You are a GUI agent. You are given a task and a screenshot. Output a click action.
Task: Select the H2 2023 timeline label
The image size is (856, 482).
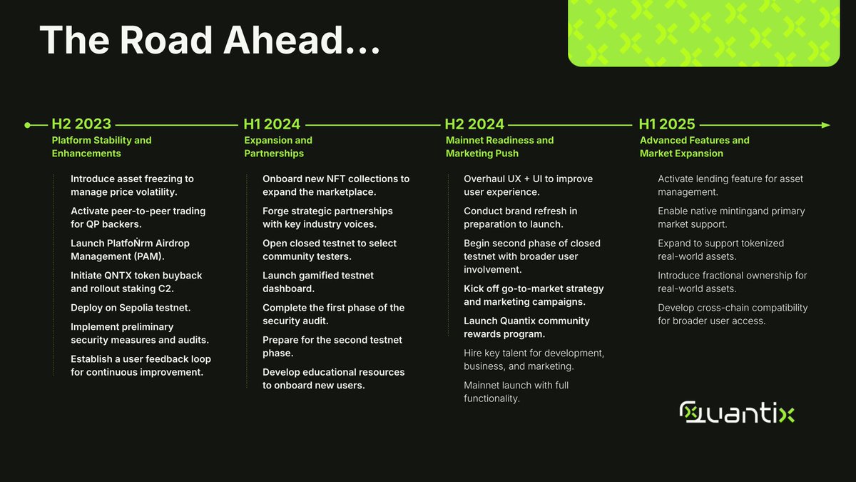81,124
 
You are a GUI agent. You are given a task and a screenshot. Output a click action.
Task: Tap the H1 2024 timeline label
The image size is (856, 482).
272,124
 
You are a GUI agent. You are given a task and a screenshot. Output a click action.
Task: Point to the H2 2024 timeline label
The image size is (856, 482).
474,124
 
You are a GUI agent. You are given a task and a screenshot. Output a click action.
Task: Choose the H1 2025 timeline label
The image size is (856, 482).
667,124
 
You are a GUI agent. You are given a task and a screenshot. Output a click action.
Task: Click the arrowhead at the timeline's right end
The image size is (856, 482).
825,125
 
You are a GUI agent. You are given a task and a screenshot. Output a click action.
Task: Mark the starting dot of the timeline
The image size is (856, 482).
27,125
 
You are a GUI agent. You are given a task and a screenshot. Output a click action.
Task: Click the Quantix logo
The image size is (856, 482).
737,413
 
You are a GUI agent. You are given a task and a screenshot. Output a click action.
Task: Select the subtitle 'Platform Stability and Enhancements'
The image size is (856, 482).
101,147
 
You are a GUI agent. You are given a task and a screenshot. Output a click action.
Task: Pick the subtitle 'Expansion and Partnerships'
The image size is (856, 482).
278,147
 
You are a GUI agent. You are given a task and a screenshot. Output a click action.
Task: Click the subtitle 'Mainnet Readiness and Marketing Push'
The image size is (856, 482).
499,147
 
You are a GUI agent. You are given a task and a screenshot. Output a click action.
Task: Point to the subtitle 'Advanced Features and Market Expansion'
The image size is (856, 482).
694,147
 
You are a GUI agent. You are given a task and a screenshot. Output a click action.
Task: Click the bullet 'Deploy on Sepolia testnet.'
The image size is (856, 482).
131,308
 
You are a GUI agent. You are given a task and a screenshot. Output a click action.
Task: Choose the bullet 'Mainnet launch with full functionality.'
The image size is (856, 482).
516,392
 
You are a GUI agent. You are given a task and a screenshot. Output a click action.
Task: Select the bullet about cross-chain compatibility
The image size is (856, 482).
732,314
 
